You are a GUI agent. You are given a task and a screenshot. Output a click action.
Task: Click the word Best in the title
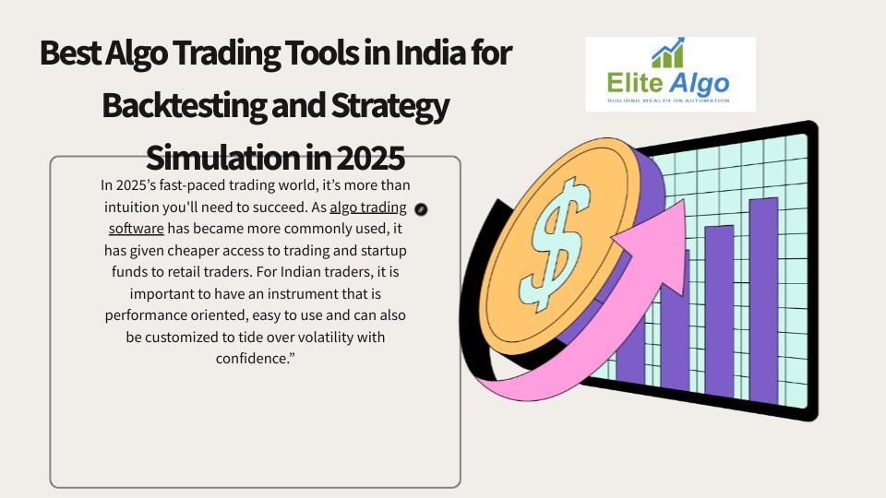click(x=70, y=53)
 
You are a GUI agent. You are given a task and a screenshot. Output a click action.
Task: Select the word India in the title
click(x=432, y=53)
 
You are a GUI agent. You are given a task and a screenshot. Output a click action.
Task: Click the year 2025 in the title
click(x=371, y=158)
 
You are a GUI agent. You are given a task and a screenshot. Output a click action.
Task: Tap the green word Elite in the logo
click(x=635, y=83)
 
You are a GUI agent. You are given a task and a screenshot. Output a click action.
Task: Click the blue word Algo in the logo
click(x=700, y=84)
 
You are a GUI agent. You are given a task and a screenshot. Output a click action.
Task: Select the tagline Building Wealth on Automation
click(x=668, y=101)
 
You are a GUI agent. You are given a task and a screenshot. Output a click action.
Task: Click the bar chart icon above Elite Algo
click(x=668, y=53)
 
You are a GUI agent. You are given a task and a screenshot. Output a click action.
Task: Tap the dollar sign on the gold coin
click(x=557, y=243)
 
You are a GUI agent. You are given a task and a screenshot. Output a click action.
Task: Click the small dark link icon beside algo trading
click(x=421, y=209)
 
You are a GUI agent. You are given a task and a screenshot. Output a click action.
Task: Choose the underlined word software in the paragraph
click(x=137, y=229)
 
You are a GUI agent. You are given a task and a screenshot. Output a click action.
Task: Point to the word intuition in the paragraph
click(x=132, y=207)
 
